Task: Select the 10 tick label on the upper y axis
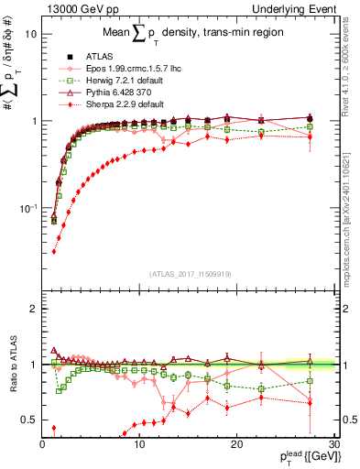[x=31, y=34]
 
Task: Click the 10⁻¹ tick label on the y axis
[x=27, y=209]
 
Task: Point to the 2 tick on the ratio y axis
[x=34, y=309]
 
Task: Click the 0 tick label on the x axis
[x=43, y=443]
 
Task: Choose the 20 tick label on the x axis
[x=236, y=443]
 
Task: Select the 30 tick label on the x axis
[x=333, y=443]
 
